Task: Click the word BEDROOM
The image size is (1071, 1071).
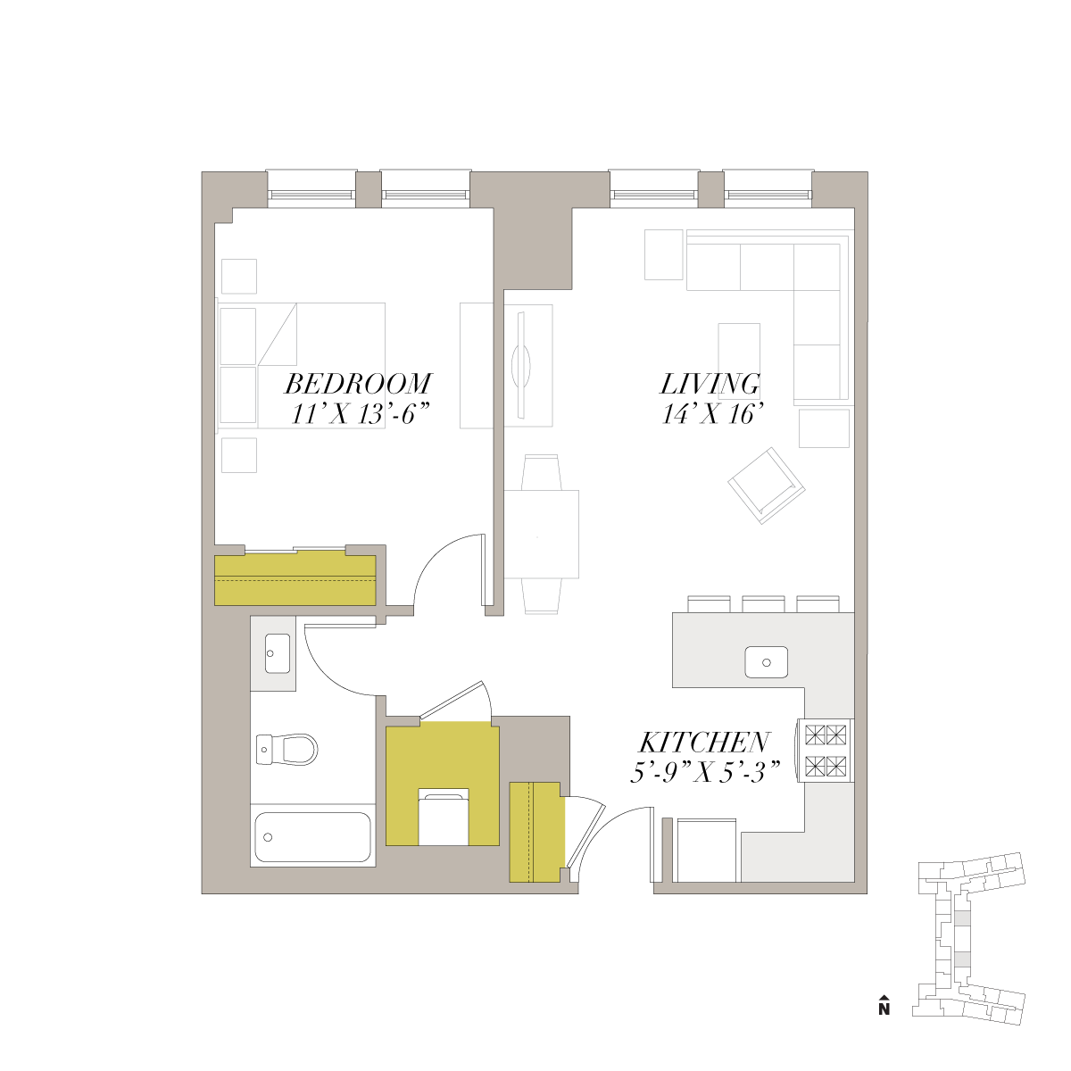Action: coord(358,384)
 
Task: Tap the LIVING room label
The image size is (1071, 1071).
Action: coord(710,384)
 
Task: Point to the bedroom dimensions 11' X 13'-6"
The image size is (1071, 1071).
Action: coord(361,414)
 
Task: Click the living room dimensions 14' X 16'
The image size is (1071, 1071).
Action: coord(710,414)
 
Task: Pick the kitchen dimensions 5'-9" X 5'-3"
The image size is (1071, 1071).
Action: coord(705,772)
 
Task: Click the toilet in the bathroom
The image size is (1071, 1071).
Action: coord(286,749)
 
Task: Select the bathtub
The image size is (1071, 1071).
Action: coord(312,836)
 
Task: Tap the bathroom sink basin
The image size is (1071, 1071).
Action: coord(278,652)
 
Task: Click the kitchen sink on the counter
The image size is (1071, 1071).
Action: coord(766,662)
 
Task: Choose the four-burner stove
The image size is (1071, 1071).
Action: coord(825,751)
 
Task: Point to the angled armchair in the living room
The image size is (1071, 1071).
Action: coord(767,486)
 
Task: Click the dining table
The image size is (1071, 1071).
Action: coord(542,534)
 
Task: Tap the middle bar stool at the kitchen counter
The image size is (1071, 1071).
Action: coord(762,604)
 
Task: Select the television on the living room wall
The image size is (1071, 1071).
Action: coord(522,365)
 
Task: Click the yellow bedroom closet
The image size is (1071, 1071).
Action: coord(295,580)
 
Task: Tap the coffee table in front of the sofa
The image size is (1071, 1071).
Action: coord(739,353)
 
